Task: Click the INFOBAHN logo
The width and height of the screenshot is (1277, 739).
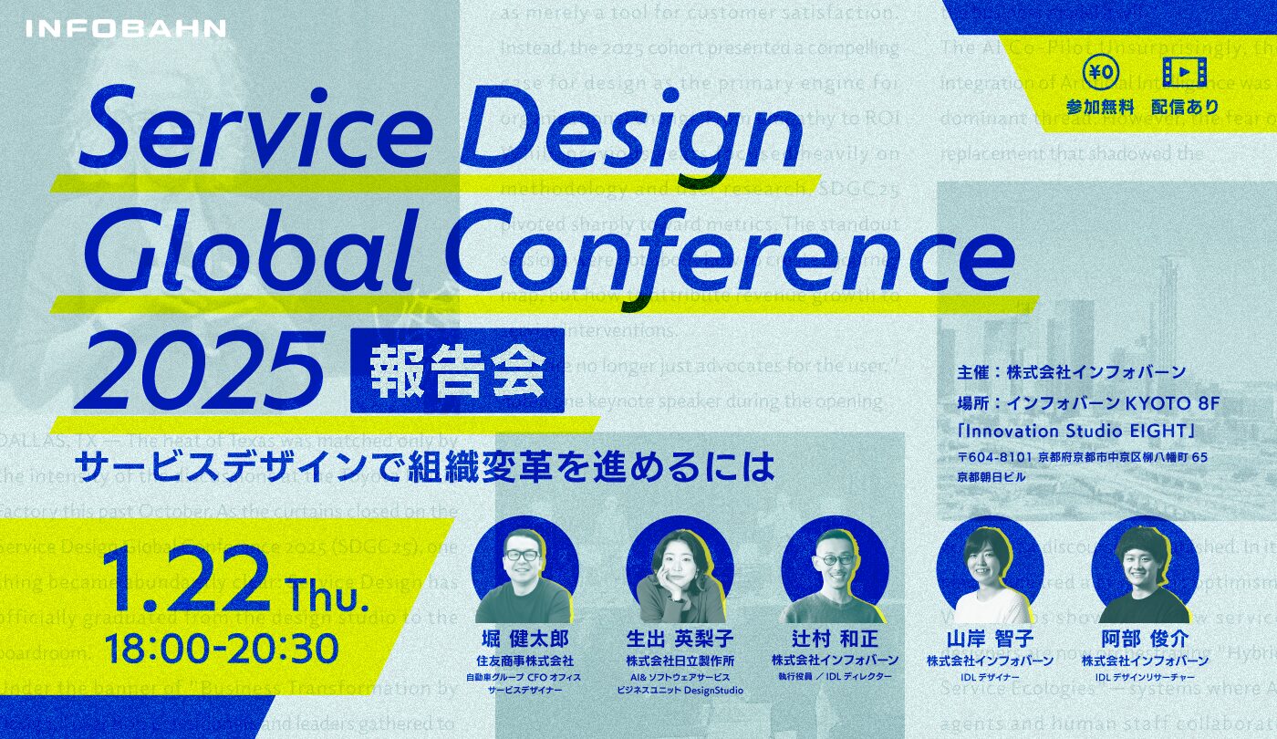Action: (126, 28)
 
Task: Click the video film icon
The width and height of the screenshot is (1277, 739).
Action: (1184, 71)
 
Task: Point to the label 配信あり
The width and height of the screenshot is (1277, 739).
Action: (1185, 107)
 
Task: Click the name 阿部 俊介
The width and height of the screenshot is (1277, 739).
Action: (1144, 638)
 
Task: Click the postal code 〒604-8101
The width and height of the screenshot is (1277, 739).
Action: (994, 457)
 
